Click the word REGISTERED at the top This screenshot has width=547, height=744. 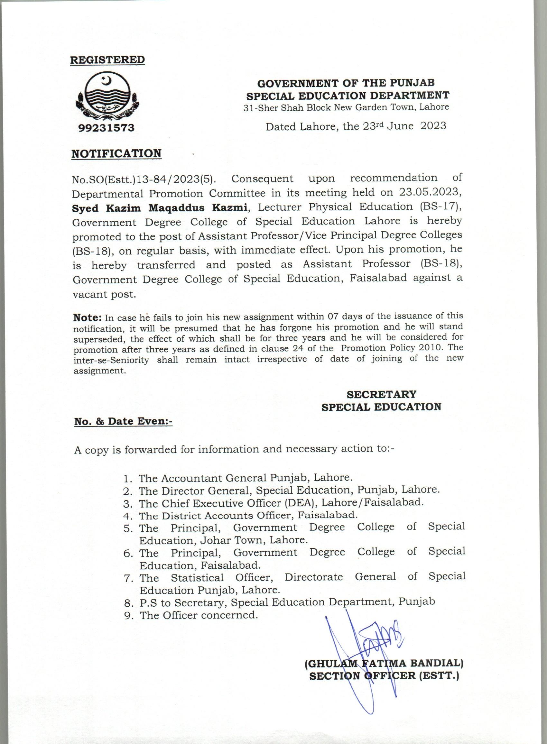coord(107,60)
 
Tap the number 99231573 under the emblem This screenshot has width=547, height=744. coord(107,128)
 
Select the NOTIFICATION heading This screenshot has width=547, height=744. coord(116,153)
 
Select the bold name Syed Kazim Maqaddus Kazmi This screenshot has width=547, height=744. coord(160,207)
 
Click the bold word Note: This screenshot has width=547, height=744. coord(87,317)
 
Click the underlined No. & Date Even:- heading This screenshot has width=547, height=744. coord(123,421)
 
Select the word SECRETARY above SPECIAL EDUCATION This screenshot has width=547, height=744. coord(381,394)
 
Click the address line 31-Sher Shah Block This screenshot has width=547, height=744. coord(346,107)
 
